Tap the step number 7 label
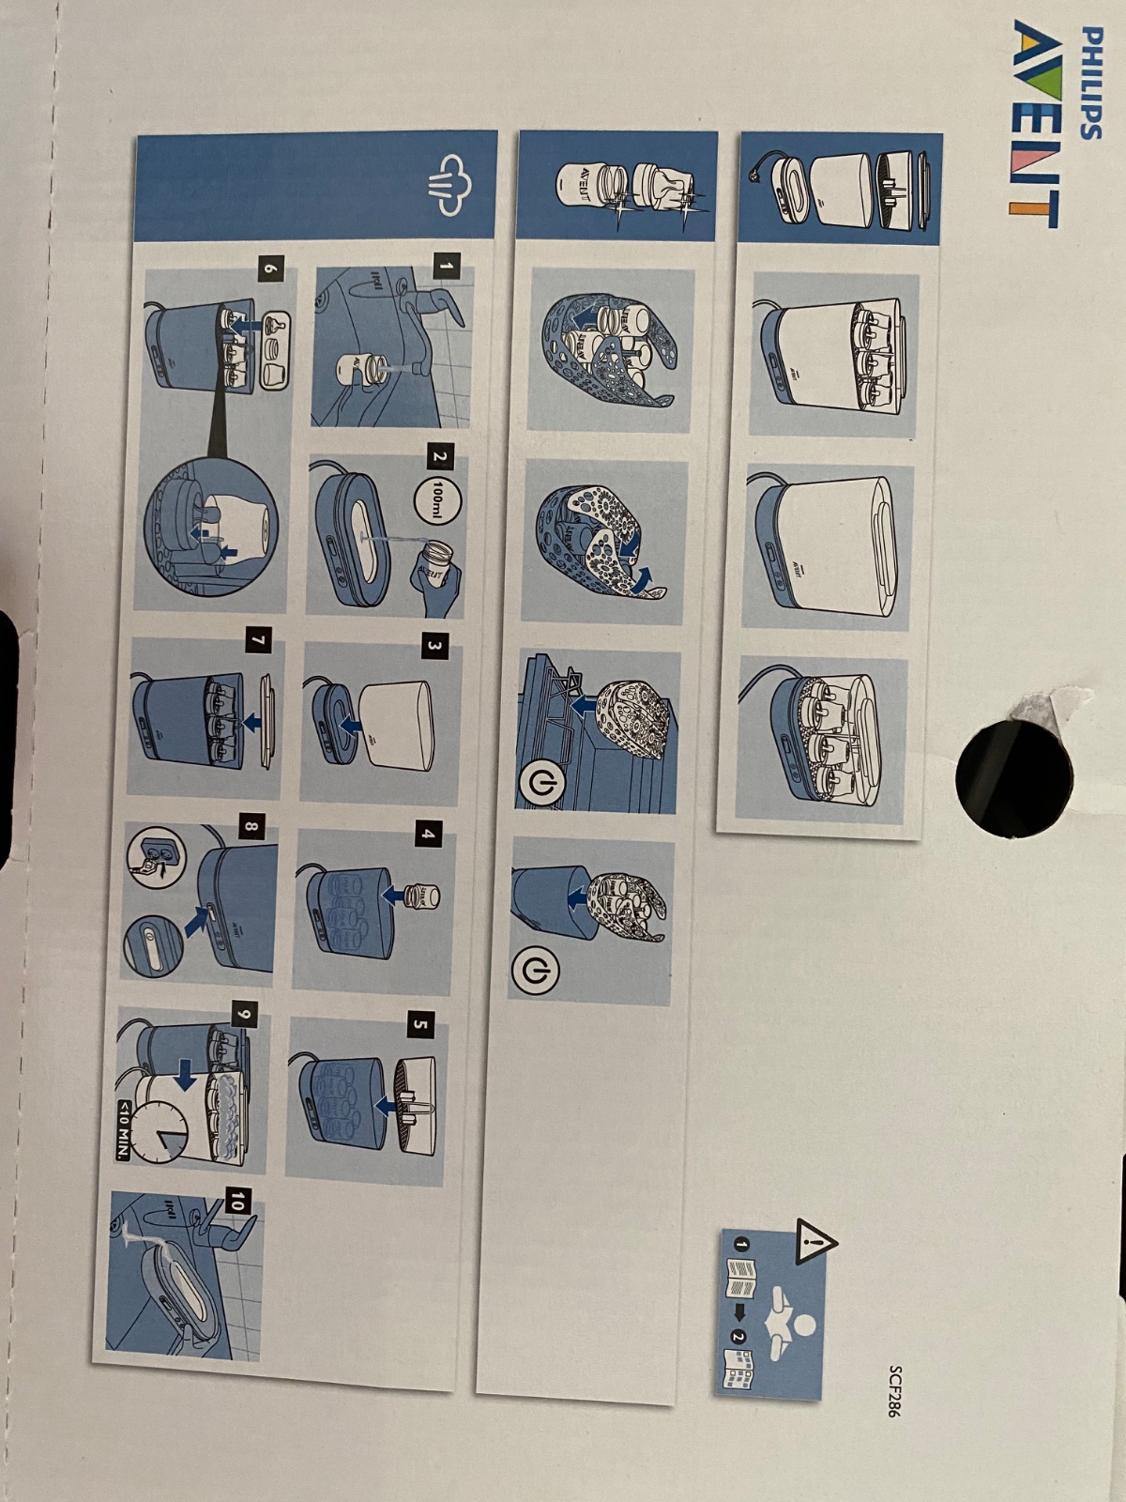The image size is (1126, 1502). pyautogui.click(x=258, y=641)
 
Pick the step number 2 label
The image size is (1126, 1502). pyautogui.click(x=441, y=456)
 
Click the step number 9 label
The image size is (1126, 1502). pyautogui.click(x=246, y=1015)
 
